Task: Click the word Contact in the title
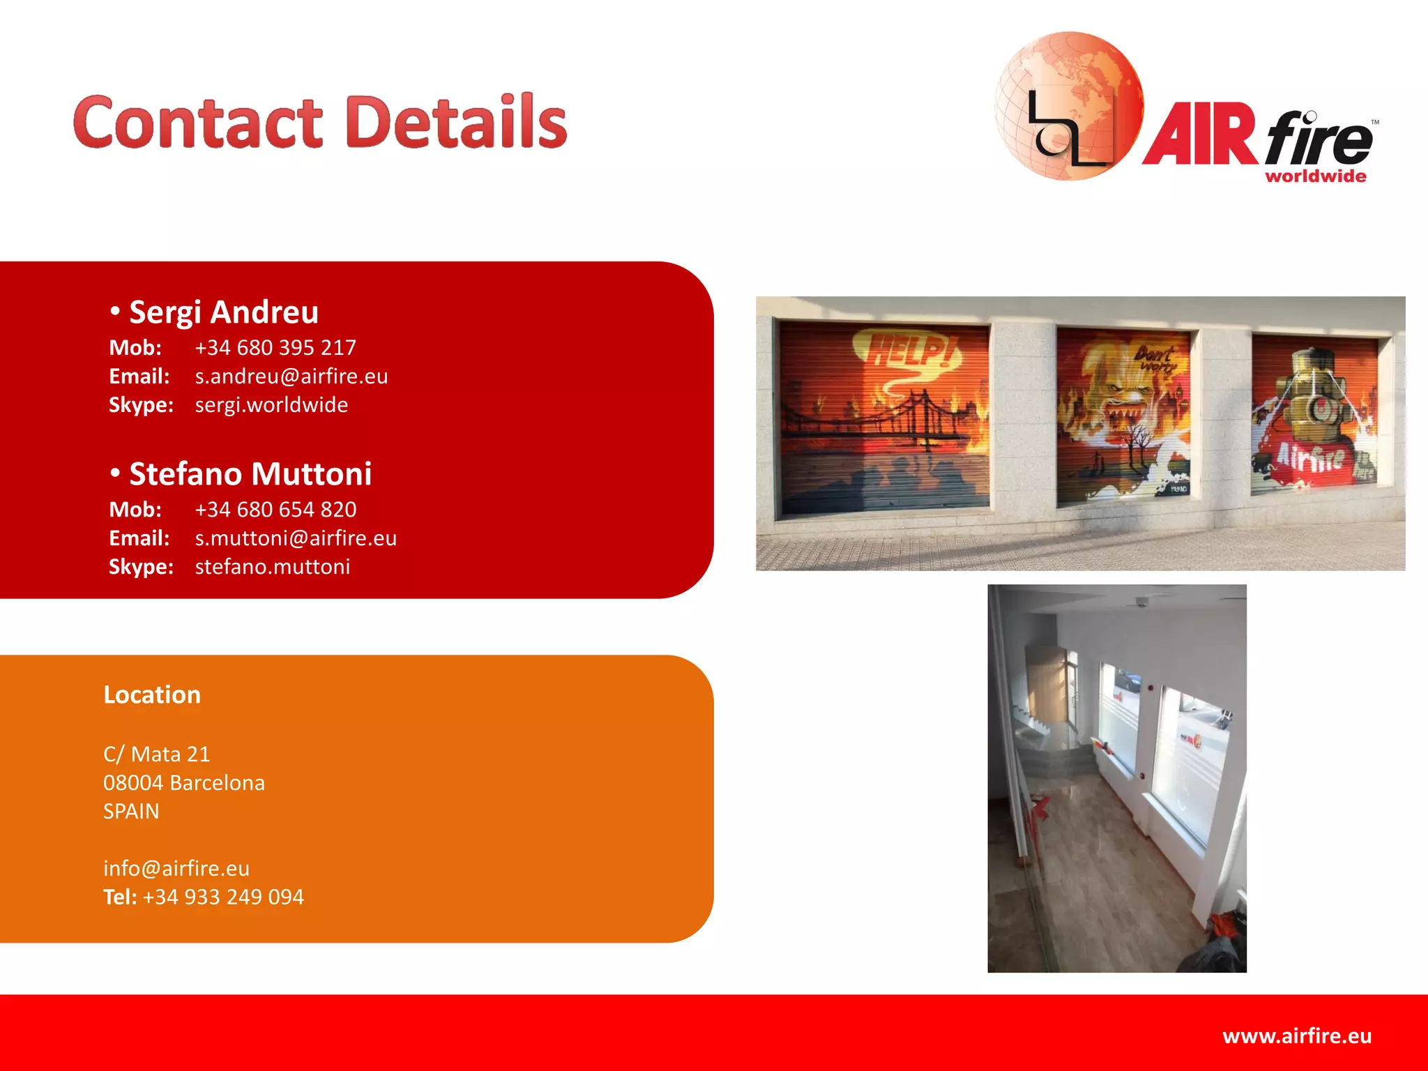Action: coord(198,123)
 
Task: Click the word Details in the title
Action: coord(456,123)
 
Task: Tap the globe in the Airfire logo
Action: coord(1068,105)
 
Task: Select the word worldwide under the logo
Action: coord(1315,176)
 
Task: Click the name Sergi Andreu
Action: coord(224,312)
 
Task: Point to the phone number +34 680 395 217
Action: coord(275,347)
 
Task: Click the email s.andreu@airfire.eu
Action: coord(291,377)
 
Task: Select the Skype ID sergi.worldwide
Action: coord(271,405)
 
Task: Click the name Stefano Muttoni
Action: coord(250,474)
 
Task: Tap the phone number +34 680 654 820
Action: coord(275,510)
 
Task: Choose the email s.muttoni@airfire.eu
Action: coord(296,538)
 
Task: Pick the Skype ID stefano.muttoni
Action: coord(273,567)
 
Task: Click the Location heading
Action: coord(152,695)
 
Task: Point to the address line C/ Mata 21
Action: coord(156,754)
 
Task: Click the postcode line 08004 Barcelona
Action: coord(184,783)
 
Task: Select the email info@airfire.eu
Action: coord(176,868)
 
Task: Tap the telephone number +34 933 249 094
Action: coord(223,897)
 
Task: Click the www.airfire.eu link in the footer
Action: coord(1297,1036)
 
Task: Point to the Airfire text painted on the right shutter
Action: coord(1311,457)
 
